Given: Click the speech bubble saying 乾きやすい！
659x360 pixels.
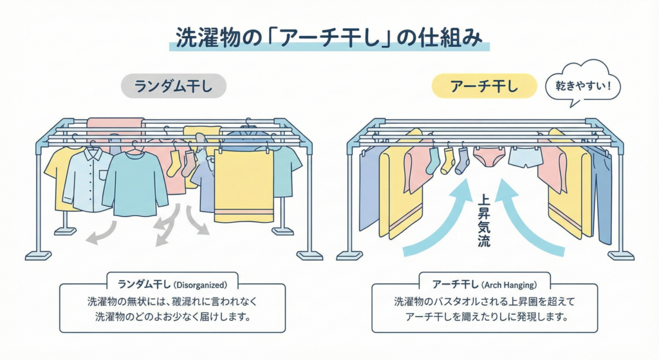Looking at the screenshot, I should (x=582, y=84).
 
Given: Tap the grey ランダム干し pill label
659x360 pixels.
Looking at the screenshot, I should (x=172, y=86).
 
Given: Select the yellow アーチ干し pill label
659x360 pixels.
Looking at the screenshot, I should (x=483, y=86).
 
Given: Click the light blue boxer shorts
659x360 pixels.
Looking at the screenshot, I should (x=525, y=157).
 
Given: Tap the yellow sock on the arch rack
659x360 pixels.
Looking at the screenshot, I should (x=447, y=162).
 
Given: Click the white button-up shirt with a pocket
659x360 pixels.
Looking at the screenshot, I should (x=88, y=180).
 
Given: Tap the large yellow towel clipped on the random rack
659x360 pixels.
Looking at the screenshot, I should (x=244, y=187).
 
